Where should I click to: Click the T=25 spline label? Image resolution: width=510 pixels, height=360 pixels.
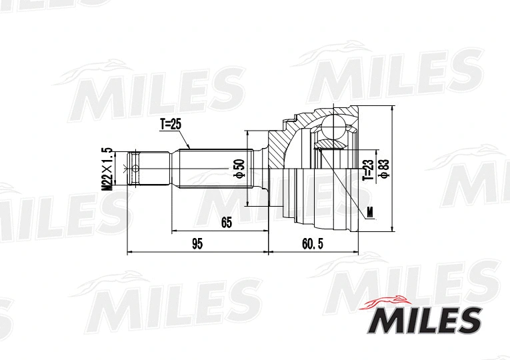pos(171,124)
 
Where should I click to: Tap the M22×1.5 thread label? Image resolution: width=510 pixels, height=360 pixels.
pos(105,169)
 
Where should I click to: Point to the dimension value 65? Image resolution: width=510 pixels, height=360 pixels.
pos(227,223)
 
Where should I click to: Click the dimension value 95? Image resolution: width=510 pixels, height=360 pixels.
pos(197,245)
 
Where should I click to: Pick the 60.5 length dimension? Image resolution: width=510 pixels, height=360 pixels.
pos(312,245)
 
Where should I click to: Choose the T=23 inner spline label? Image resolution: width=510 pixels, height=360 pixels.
pos(367,170)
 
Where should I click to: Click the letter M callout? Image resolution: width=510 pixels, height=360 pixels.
pos(371,213)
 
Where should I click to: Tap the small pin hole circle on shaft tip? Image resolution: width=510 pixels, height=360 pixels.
pos(135,168)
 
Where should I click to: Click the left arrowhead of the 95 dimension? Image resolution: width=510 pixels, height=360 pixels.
pos(129,253)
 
